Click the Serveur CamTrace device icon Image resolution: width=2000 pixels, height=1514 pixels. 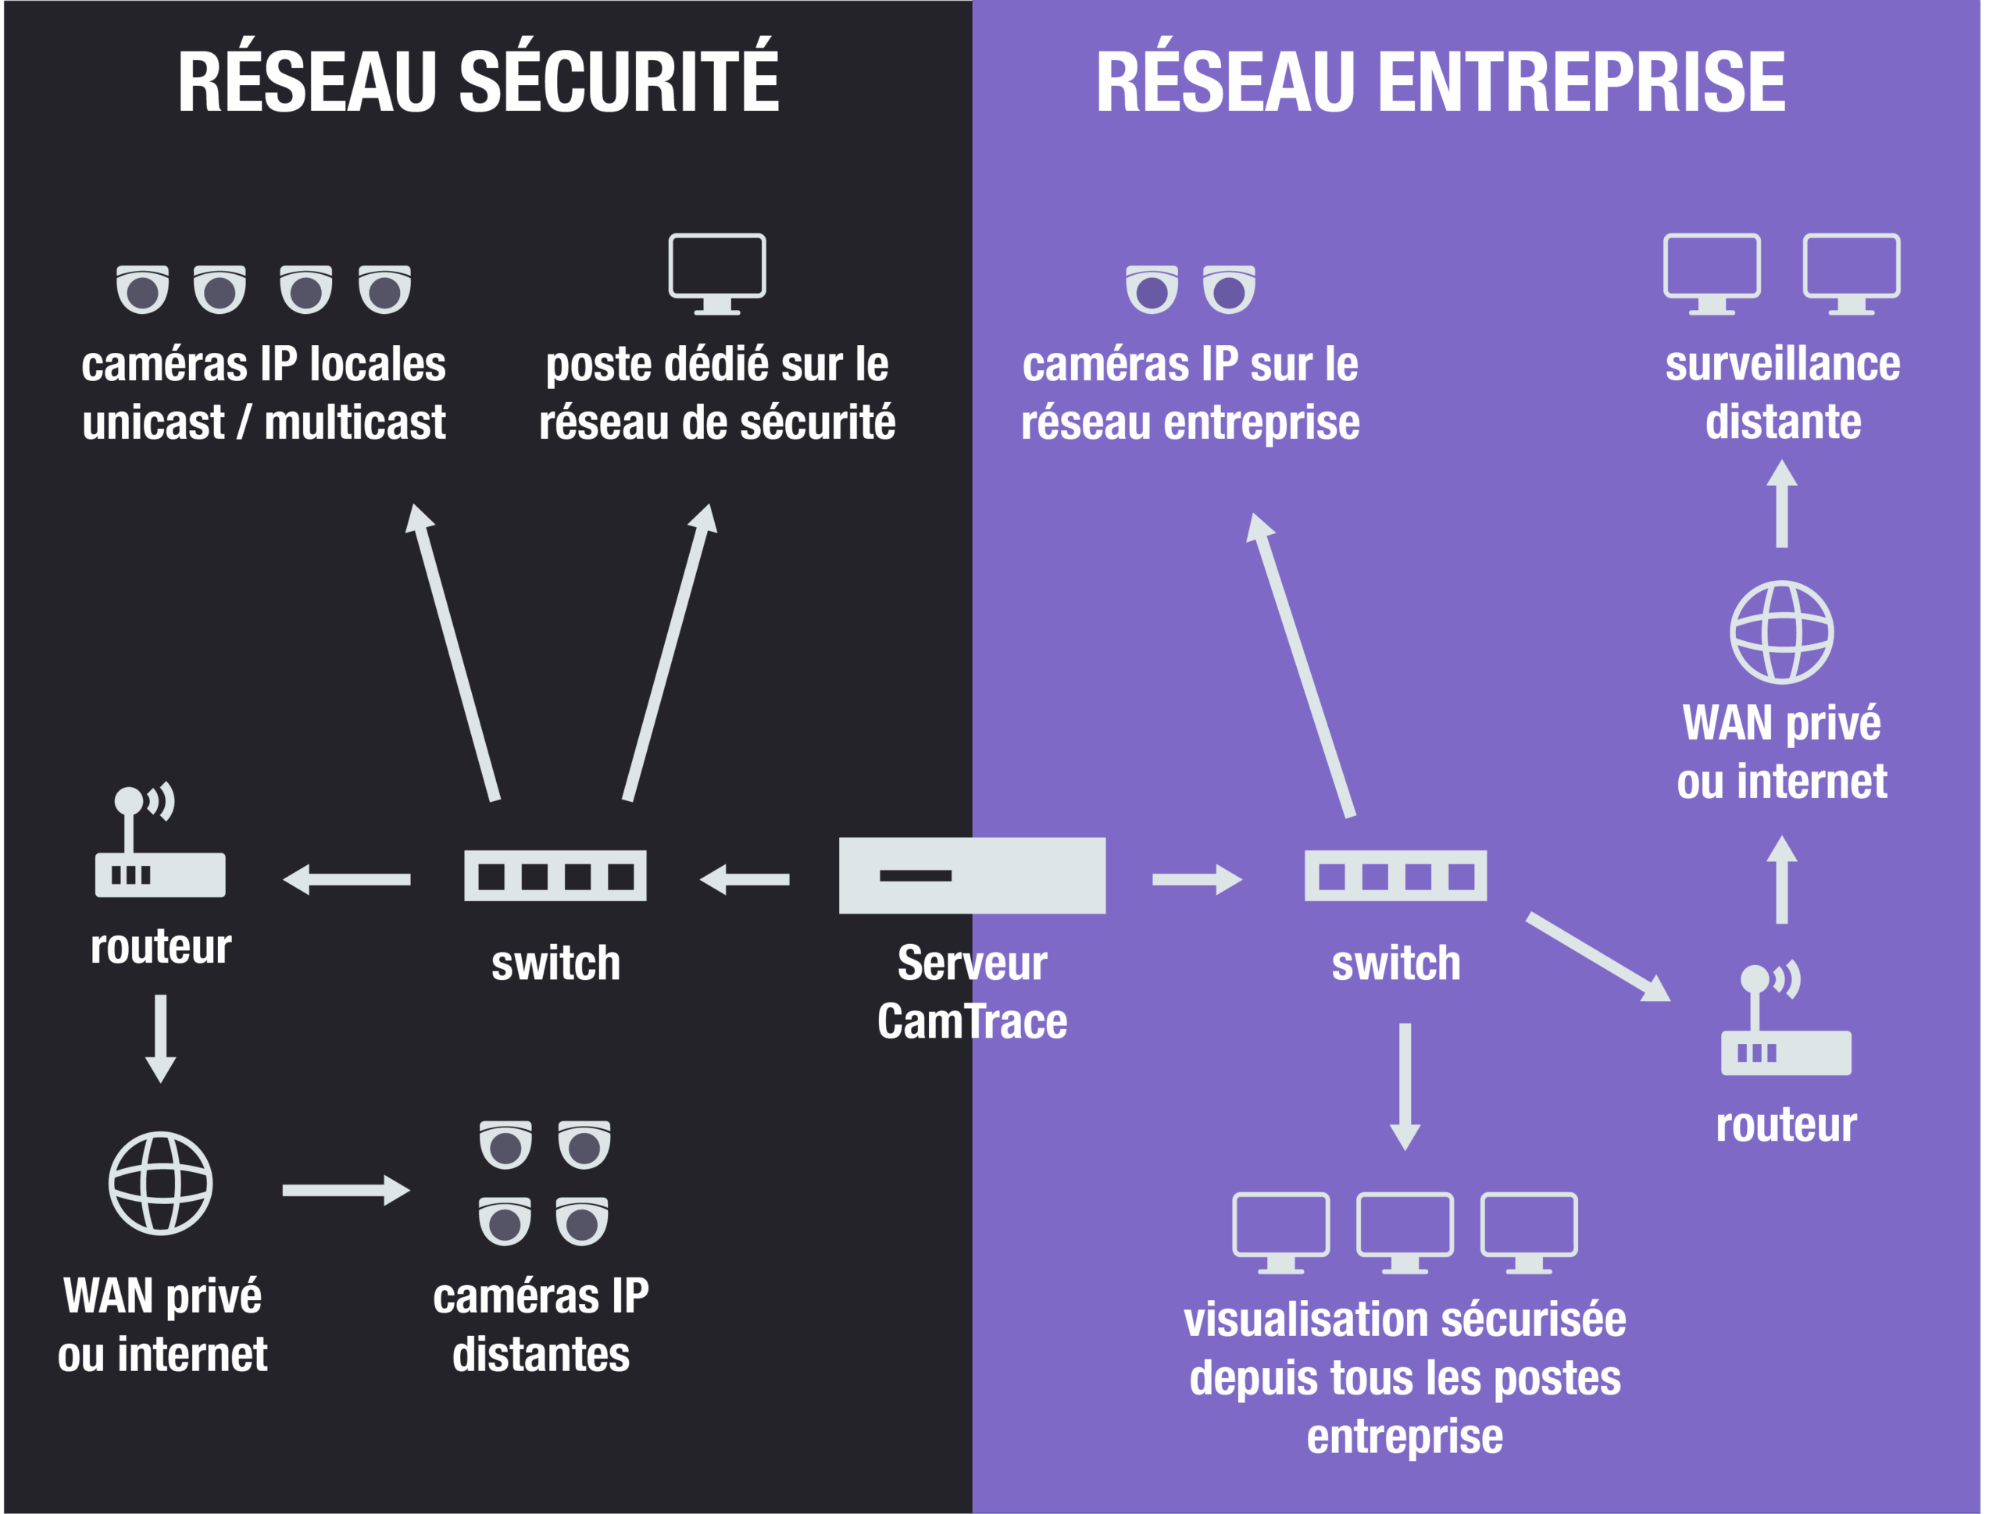tap(972, 875)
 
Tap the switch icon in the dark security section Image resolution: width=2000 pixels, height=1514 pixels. tap(555, 875)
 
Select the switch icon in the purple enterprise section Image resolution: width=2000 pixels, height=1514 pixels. tap(1395, 875)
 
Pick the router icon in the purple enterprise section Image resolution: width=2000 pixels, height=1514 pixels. tap(1786, 1021)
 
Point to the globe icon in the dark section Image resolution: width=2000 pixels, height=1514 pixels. tap(161, 1183)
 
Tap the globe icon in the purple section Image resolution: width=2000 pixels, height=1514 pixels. tap(1781, 632)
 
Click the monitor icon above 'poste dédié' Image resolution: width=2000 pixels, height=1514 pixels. tap(717, 273)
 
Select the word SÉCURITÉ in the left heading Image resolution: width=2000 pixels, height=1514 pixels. tap(620, 81)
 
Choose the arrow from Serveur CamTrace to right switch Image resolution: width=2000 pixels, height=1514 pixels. tap(1196, 878)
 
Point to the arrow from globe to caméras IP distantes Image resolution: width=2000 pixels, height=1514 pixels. tap(346, 1191)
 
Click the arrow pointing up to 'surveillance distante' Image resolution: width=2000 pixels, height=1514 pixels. tap(1781, 504)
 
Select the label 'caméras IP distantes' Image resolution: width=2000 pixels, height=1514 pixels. tap(541, 1325)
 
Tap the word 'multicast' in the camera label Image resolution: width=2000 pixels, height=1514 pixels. tap(355, 422)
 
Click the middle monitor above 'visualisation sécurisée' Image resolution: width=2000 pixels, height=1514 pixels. tap(1405, 1231)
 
